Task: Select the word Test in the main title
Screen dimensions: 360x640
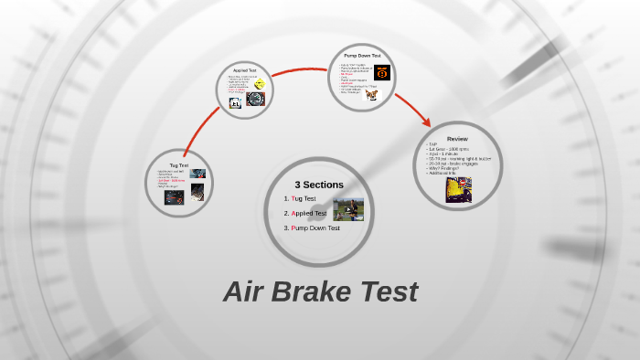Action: coord(388,291)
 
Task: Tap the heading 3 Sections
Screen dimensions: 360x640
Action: coord(319,185)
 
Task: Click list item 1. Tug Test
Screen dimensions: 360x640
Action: coord(300,198)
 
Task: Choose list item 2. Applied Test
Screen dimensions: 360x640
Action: coord(305,213)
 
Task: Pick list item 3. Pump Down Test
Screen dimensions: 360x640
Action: coord(312,228)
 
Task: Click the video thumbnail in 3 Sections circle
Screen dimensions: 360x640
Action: coord(348,210)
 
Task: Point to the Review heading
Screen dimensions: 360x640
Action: coord(457,139)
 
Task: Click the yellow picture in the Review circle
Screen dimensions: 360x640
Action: coord(458,189)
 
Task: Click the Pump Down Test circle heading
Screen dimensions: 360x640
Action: coord(362,56)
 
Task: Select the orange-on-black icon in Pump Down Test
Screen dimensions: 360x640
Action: coord(382,72)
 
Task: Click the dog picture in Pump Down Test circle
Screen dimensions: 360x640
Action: coord(371,94)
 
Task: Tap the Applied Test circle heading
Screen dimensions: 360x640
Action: coord(244,70)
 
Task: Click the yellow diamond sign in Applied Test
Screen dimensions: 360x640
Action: coord(260,83)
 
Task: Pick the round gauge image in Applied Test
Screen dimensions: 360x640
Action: coord(255,99)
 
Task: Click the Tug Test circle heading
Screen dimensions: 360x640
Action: coord(178,165)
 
